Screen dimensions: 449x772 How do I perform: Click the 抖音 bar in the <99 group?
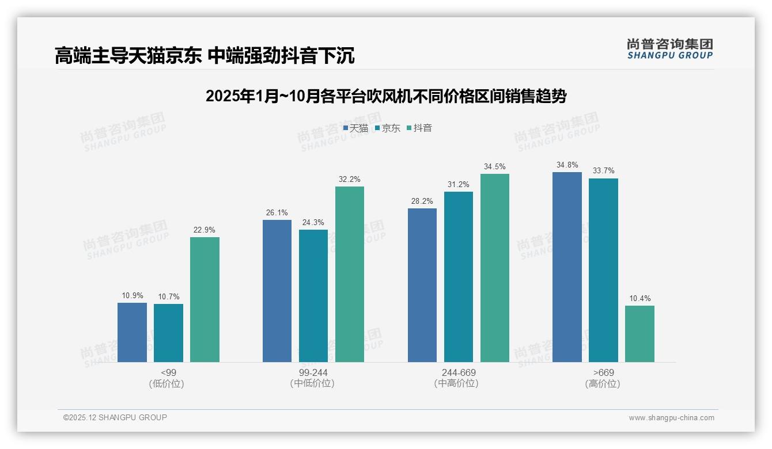pos(205,299)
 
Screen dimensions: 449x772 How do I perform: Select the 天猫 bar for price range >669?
pos(567,267)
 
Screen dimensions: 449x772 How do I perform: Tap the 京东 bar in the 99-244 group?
pos(313,296)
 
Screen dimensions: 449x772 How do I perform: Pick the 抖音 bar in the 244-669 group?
pos(495,268)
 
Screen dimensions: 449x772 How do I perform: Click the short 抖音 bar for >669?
pos(639,334)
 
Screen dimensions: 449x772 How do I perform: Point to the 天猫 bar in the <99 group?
pos(132,332)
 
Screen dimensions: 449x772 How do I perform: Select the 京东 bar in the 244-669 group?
pos(459,277)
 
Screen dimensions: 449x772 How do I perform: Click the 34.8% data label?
pos(567,165)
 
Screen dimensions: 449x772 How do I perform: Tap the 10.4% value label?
pos(639,299)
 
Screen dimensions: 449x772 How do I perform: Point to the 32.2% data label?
pos(349,180)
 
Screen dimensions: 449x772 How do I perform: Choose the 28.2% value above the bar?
pos(422,201)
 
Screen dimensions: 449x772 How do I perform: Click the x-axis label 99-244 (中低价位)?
pos(313,378)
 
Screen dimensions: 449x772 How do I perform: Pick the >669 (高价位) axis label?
pos(603,378)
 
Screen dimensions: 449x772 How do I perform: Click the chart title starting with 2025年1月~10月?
pos(385,96)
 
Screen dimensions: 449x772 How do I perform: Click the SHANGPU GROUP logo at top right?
pos(669,49)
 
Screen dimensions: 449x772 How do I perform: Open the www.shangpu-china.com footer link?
pos(671,418)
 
